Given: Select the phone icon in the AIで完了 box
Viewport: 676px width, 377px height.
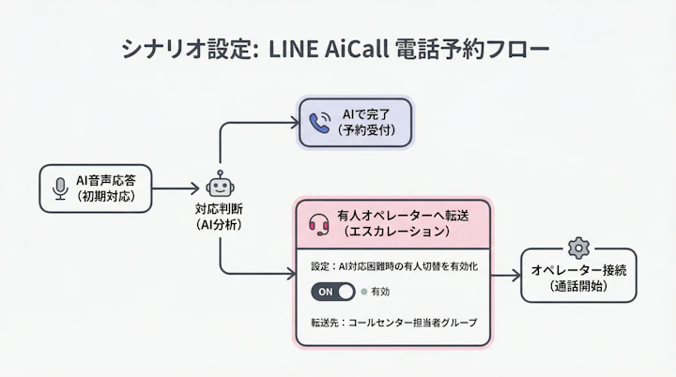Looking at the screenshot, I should point(319,123).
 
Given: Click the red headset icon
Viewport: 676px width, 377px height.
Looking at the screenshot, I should point(319,223).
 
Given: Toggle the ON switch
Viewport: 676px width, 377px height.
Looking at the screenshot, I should point(333,292).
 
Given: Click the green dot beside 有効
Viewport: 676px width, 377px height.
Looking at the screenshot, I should point(364,292).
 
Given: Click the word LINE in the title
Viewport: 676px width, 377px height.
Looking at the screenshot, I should point(292,49).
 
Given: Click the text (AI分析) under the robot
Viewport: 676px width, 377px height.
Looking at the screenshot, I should point(220,225).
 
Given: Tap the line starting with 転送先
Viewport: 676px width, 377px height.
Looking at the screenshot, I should point(393,323).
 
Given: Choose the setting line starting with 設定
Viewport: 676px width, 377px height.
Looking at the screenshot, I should point(394,266).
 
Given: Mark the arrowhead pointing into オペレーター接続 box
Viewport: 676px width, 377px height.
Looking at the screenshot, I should point(515,276).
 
